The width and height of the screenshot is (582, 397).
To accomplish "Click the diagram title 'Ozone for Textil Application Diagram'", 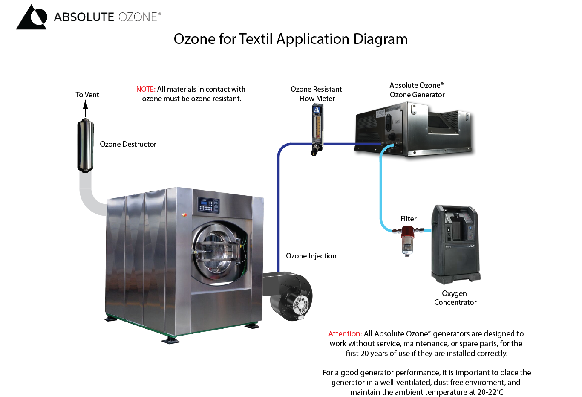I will [x=291, y=39].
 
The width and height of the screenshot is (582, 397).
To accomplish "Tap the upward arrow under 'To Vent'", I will [x=86, y=108].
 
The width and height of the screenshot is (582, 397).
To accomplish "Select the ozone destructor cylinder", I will [x=86, y=146].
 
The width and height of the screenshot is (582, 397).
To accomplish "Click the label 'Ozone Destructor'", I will [x=128, y=144].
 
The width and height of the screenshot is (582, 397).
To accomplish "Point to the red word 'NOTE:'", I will [x=146, y=89].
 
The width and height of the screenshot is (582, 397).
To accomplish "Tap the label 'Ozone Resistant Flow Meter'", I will [x=316, y=94].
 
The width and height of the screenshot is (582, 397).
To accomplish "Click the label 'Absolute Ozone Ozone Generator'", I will [x=417, y=90].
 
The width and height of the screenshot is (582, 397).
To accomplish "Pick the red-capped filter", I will [x=407, y=240].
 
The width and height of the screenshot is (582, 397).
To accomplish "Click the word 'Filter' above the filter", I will [x=408, y=219].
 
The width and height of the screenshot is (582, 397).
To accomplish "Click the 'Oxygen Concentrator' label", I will [x=455, y=298].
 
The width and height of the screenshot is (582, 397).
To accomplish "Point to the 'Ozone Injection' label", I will [x=311, y=256].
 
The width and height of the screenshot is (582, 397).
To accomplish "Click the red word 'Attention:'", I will [x=345, y=334].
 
